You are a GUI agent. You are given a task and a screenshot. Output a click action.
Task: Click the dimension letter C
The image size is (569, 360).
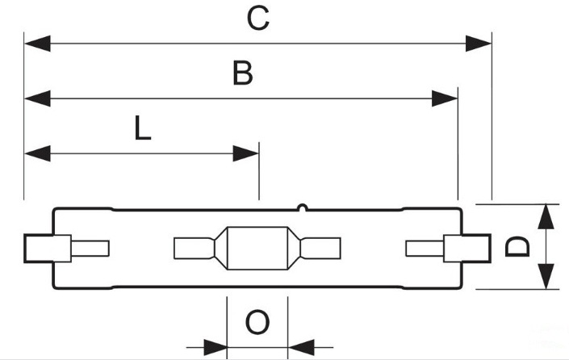258,19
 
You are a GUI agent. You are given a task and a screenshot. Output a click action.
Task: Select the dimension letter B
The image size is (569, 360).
243,73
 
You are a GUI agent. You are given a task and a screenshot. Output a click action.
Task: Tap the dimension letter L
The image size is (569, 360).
142,128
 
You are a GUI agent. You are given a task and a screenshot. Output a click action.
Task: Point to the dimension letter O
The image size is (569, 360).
257,322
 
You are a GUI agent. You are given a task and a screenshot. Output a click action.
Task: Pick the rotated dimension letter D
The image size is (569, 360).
517,246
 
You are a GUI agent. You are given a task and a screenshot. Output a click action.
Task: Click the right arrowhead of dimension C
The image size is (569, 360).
479,44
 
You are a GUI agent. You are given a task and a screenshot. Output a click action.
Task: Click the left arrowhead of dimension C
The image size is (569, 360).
37,44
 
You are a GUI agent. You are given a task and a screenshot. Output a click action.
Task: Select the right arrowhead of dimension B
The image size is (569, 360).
445,98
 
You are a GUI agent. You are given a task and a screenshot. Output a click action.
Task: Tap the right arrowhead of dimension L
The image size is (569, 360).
245,153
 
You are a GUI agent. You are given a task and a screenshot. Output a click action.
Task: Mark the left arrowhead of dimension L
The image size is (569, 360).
37,153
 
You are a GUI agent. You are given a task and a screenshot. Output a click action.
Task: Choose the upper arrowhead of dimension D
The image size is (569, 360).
546,216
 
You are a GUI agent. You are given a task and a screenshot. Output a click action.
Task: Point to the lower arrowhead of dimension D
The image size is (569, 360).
546,277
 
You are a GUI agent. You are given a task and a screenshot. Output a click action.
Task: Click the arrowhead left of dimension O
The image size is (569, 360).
215,347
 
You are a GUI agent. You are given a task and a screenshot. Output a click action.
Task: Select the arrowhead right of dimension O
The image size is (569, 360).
301,347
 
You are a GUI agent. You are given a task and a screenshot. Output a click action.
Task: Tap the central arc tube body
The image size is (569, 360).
257,249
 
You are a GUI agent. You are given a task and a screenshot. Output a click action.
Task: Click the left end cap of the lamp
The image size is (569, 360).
48,249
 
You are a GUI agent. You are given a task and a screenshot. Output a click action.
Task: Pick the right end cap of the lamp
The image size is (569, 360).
467,249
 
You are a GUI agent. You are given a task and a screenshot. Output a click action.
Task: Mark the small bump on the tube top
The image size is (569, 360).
303,207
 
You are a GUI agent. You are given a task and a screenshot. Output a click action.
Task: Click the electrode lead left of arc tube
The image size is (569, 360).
195,249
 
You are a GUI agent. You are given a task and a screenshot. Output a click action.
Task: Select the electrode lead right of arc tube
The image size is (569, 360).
320,249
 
